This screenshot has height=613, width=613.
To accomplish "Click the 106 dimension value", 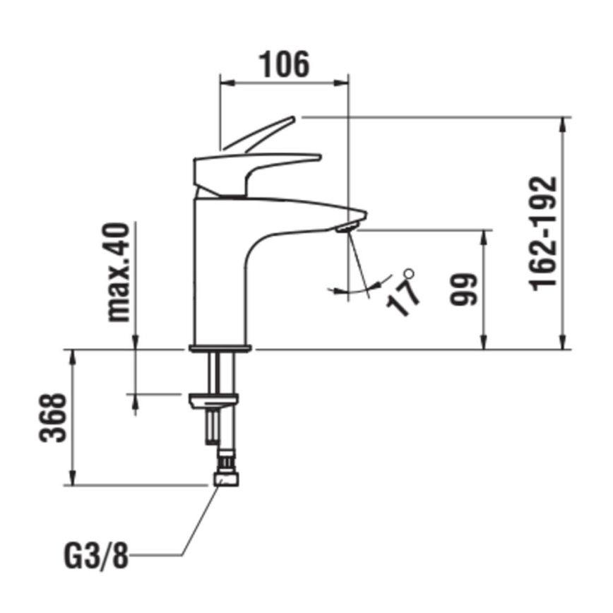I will [x=285, y=64].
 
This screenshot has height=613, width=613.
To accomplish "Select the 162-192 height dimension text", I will [x=544, y=232].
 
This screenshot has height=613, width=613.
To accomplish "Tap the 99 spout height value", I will [x=464, y=289].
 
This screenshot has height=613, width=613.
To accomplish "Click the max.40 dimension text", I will [x=118, y=272].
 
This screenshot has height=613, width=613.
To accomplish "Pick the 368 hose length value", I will [x=53, y=417].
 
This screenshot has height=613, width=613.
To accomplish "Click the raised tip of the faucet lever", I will [x=289, y=121].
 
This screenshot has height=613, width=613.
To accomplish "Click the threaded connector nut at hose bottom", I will [x=227, y=480].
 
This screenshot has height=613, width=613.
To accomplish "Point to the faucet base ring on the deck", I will [x=220, y=347].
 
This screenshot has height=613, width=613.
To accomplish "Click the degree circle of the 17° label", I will [x=407, y=273].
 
